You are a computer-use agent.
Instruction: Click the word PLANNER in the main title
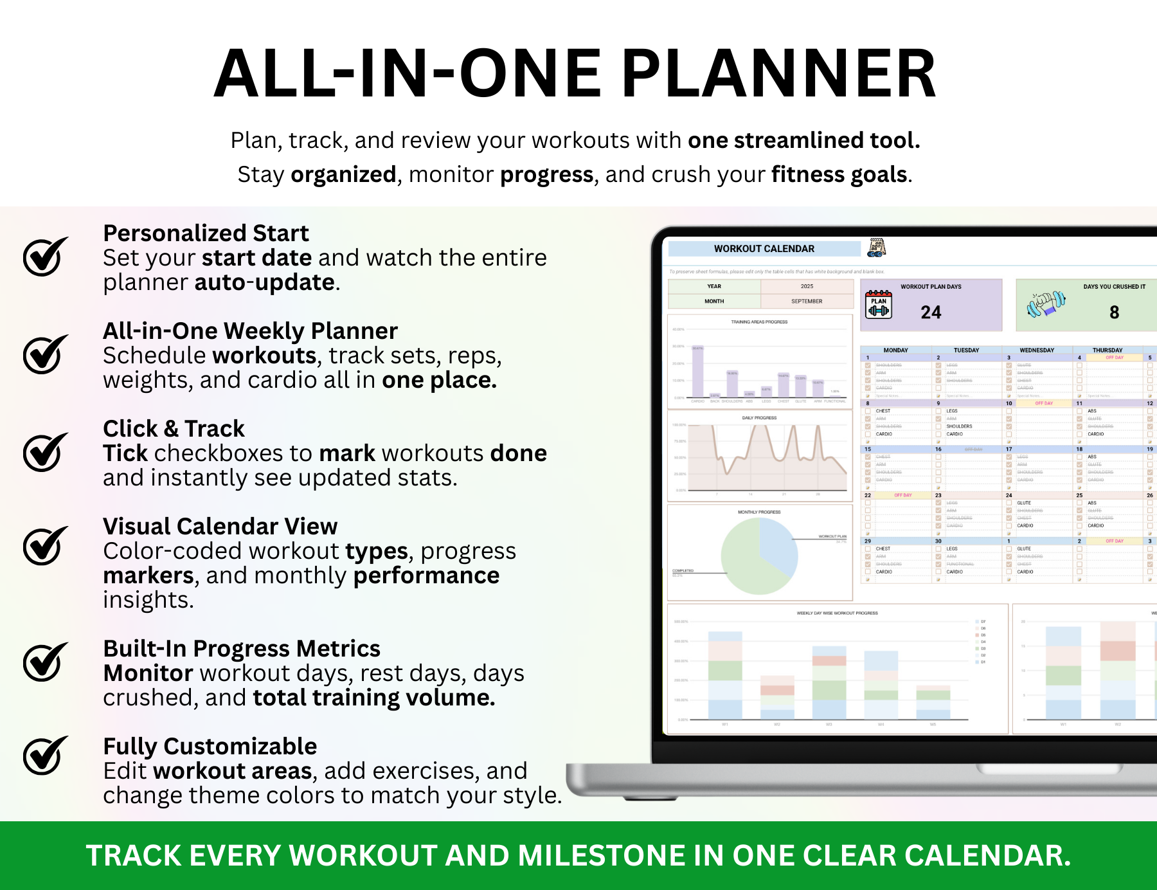[778, 74]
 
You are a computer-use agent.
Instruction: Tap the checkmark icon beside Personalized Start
[46, 257]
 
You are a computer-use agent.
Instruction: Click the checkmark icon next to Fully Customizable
[46, 755]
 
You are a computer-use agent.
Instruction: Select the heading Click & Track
[174, 428]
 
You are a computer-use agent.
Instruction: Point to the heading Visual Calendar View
[220, 526]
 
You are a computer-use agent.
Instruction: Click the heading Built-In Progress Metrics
[242, 648]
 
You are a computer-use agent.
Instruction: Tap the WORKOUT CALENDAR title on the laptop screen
[764, 249]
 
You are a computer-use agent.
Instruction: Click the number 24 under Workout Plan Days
[930, 313]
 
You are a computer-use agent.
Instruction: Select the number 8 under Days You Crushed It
[1114, 313]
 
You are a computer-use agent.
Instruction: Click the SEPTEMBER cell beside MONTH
[806, 301]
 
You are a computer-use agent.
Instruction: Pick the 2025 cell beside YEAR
[806, 286]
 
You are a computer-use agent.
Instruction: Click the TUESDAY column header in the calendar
[966, 350]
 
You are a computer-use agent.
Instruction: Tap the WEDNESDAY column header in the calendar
[1037, 350]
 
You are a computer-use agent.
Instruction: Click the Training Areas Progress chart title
[758, 322]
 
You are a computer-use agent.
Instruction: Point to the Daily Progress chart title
[759, 418]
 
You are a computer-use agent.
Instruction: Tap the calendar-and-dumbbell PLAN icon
[878, 305]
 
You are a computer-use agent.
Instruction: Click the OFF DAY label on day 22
[902, 495]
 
